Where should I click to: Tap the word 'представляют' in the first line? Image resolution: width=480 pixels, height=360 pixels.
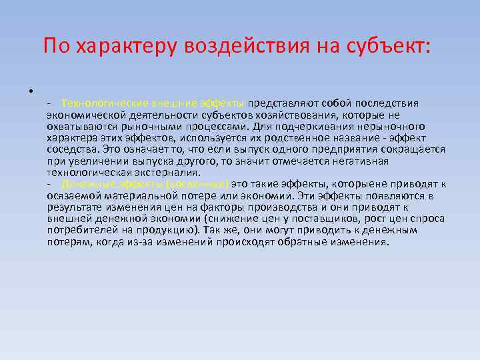pyautogui.click(x=283, y=103)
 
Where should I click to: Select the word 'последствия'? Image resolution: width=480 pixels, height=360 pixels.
pyautogui.click(x=387, y=103)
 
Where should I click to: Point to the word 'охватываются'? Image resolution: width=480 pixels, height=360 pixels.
pyautogui.click(x=77, y=127)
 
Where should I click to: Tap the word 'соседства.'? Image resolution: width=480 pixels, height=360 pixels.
pyautogui.click(x=71, y=149)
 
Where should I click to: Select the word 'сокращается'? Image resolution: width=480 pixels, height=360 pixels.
pyautogui.click(x=414, y=149)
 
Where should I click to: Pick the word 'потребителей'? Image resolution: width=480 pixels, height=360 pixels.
pyautogui.click(x=81, y=230)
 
